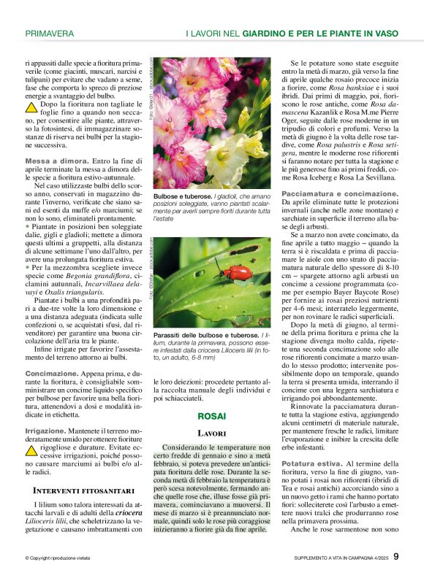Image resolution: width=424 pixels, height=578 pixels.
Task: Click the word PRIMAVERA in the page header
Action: [x=49, y=34]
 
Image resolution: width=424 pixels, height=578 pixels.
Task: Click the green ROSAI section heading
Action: [x=212, y=416]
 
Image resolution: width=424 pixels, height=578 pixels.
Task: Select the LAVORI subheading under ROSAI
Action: [x=212, y=433]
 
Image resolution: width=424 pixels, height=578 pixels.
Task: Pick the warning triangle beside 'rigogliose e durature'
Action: [x=31, y=451]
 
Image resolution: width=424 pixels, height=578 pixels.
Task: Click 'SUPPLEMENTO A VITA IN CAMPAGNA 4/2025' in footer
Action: [x=336, y=558]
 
